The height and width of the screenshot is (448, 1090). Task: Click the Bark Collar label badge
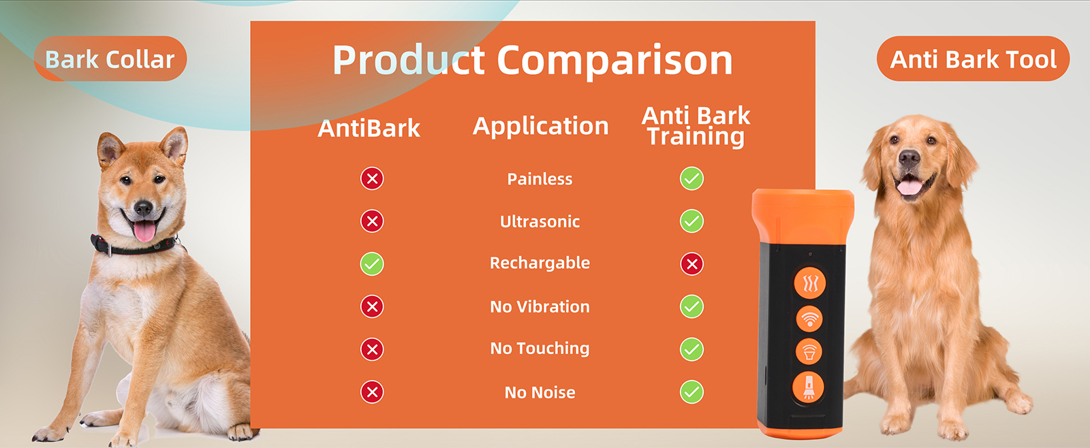coord(110,59)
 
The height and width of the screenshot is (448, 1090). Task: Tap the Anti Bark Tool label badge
coord(973,59)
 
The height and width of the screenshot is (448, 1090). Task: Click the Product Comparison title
coord(532,60)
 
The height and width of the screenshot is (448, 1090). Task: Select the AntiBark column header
coord(369,128)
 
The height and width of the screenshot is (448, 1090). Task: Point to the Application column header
coord(540,126)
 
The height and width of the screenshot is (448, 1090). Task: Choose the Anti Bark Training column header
coord(696,126)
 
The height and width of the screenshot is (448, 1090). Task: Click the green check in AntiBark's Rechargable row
coord(372,263)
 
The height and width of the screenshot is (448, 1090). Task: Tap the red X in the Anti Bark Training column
coord(691,263)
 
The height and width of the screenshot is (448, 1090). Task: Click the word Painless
coord(540,179)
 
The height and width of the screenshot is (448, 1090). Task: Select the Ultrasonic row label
coord(540,221)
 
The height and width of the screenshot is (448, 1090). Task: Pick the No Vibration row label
coord(540,306)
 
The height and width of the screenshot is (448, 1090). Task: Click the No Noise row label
coord(540,392)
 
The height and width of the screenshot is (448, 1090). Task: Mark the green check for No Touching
coord(691,349)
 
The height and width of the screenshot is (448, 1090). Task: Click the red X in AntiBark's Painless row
coord(372,178)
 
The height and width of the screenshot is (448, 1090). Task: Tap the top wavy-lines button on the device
coord(810,283)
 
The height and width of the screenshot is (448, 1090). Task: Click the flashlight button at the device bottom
coord(808,387)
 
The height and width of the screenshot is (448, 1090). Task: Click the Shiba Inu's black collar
coord(136,248)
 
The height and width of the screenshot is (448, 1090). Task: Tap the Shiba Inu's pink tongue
coord(144,231)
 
